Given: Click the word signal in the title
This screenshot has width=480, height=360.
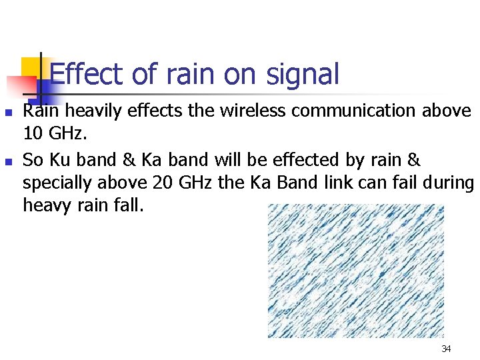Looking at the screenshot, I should point(301,74).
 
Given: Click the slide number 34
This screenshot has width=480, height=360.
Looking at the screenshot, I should point(446,349).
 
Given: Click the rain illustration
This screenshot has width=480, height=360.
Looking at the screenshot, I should point(355,270).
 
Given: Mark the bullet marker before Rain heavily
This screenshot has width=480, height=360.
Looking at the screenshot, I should point(9,111).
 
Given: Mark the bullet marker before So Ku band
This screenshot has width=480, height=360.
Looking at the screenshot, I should point(9,161).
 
